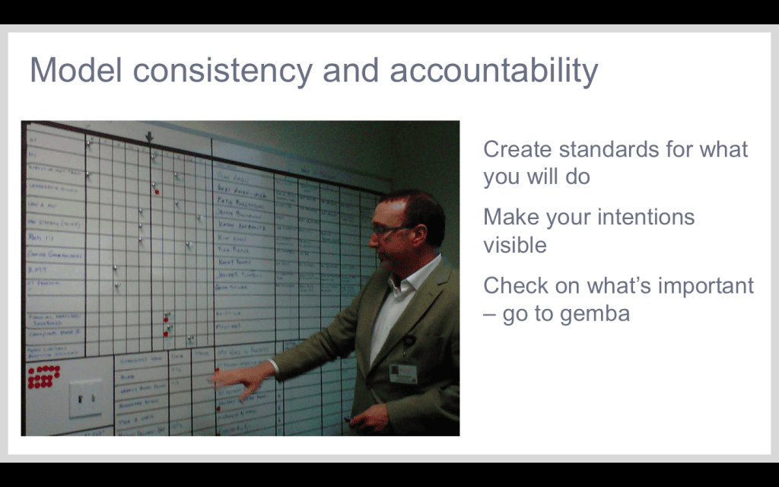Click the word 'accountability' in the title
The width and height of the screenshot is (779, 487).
[x=494, y=71]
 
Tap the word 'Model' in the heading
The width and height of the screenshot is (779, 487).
[x=75, y=71]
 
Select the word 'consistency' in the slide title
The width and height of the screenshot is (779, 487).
[x=221, y=71]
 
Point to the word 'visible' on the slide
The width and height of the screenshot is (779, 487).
[x=514, y=245]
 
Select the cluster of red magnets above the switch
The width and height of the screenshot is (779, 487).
[x=43, y=376]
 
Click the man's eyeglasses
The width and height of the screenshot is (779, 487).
[x=387, y=228]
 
